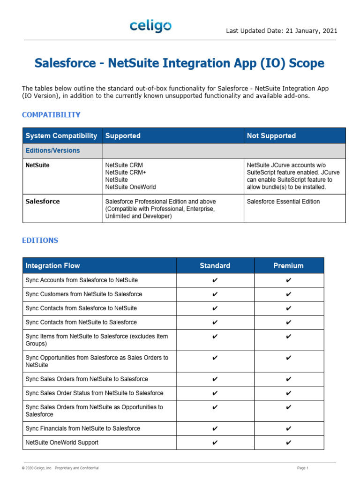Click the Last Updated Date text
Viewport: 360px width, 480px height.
coord(281,31)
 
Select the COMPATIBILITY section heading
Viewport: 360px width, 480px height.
coord(51,115)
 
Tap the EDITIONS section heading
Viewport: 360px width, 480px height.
coord(40,240)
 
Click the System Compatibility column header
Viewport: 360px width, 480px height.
coord(61,136)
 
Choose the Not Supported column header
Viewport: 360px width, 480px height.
coord(271,136)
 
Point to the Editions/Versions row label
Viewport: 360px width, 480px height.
coord(52,150)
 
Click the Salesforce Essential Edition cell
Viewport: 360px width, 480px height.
coord(283,202)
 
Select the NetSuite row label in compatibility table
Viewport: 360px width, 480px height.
coord(37,165)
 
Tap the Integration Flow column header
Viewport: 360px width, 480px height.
coord(52,266)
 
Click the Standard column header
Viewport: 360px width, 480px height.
coord(215,266)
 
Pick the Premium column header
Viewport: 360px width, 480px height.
coord(288,266)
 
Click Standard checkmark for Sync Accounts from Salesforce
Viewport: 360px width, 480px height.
coord(215,280)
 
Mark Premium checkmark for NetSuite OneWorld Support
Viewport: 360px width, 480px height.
coord(288,442)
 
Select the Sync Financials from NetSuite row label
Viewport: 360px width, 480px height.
coord(82,428)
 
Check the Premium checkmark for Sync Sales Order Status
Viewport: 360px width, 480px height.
coord(288,393)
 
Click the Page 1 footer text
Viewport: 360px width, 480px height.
coord(303,468)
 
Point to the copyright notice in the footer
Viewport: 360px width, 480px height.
coord(60,468)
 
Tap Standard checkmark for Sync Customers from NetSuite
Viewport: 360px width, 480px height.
coord(215,294)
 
